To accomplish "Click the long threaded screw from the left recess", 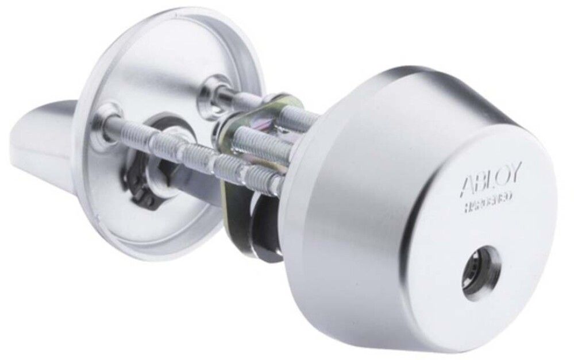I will click(x=190, y=155).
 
